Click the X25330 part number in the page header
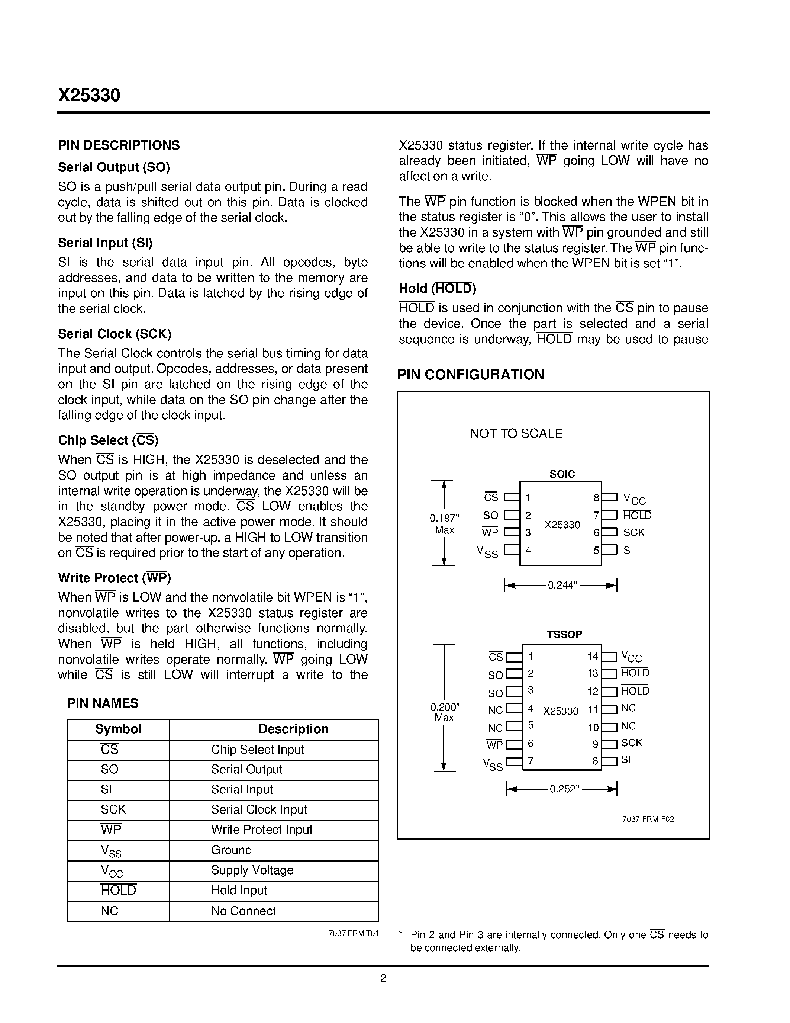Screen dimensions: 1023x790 click(x=89, y=95)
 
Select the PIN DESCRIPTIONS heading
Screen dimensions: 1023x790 click(x=119, y=145)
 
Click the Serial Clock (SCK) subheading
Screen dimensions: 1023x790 click(x=115, y=334)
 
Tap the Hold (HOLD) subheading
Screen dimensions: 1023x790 click(x=437, y=289)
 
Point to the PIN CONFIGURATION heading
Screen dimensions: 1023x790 click(x=470, y=375)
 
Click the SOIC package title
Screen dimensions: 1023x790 click(x=562, y=474)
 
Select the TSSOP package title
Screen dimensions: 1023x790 click(x=564, y=634)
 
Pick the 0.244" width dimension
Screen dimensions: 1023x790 click(x=562, y=585)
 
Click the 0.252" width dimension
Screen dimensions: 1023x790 click(x=564, y=789)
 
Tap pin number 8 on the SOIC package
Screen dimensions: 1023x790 click(x=596, y=498)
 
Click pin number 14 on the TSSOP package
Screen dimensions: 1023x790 click(x=593, y=657)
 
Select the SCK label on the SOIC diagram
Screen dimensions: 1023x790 click(x=634, y=533)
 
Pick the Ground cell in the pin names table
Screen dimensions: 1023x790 click(x=231, y=850)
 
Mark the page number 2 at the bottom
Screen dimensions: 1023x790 click(x=383, y=978)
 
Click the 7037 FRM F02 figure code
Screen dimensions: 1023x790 click(x=648, y=819)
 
